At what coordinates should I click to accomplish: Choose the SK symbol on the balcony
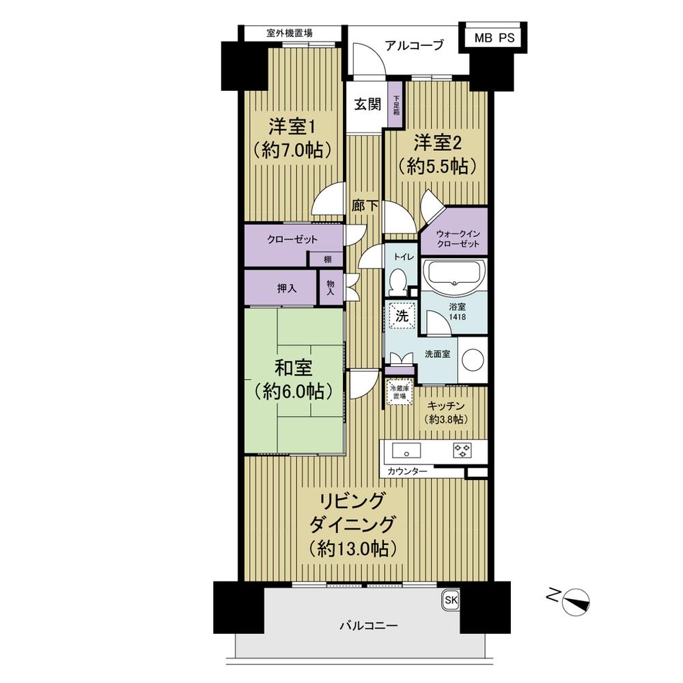(x=451, y=600)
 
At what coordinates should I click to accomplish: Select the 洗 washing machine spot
(x=402, y=316)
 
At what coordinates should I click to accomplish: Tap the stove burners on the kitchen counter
(x=462, y=450)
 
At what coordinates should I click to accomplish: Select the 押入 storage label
(x=287, y=288)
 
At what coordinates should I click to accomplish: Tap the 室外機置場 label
(x=290, y=32)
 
